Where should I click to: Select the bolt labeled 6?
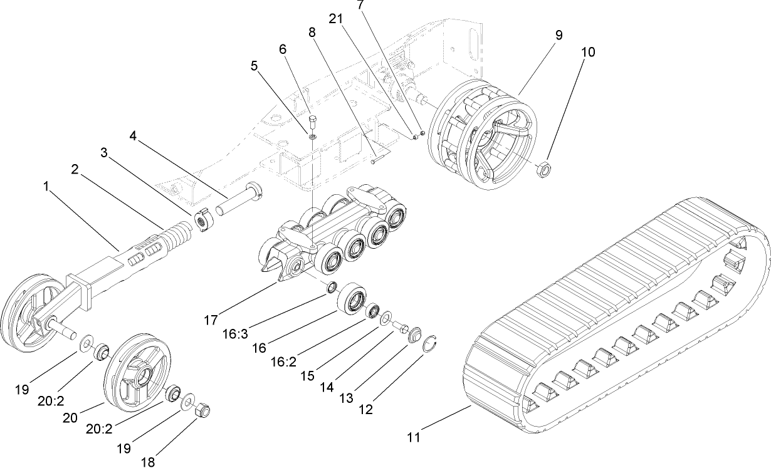point(312,118)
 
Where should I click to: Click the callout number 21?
point(337,19)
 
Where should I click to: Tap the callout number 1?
point(46,187)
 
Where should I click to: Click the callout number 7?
point(359,5)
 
